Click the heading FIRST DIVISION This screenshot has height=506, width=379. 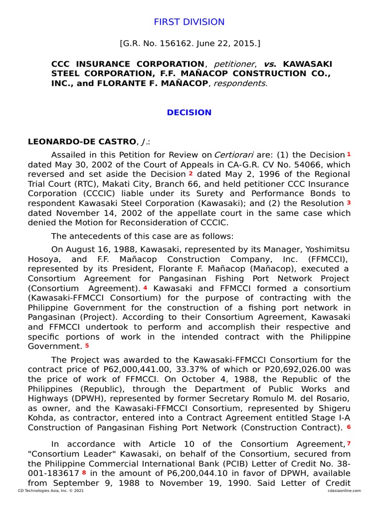pyautogui.click(x=189, y=22)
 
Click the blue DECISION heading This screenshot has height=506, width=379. pyautogui.click(x=189, y=112)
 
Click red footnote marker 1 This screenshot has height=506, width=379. pyautogui.click(x=348, y=154)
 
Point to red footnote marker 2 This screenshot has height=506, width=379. pyautogui.click(x=190, y=173)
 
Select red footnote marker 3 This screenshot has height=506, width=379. pyautogui.click(x=348, y=203)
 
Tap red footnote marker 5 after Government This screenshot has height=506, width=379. pyautogui.click(x=87, y=345)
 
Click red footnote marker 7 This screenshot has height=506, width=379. pyautogui.click(x=348, y=443)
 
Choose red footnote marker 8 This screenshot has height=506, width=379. pyautogui.click(x=84, y=472)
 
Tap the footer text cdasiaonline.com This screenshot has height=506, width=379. pyautogui.click(x=343, y=491)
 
